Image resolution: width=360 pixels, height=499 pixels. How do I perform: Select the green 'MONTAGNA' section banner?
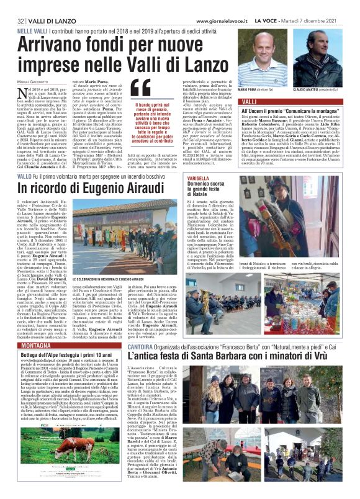click(x=35, y=344)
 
